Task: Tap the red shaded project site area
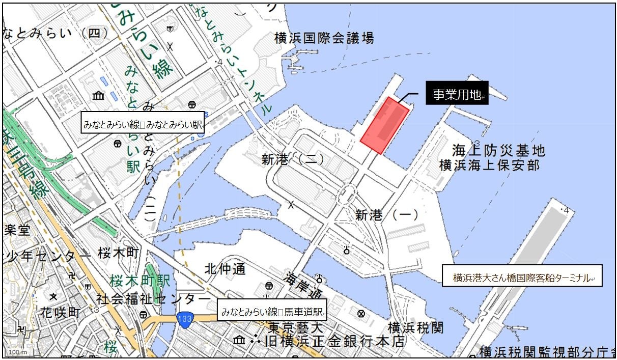coord(384,125)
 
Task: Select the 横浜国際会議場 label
coord(324,38)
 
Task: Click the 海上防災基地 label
coord(498,151)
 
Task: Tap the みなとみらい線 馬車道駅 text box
coord(272,310)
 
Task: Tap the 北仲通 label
coord(225,268)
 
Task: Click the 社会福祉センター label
coord(153,297)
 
